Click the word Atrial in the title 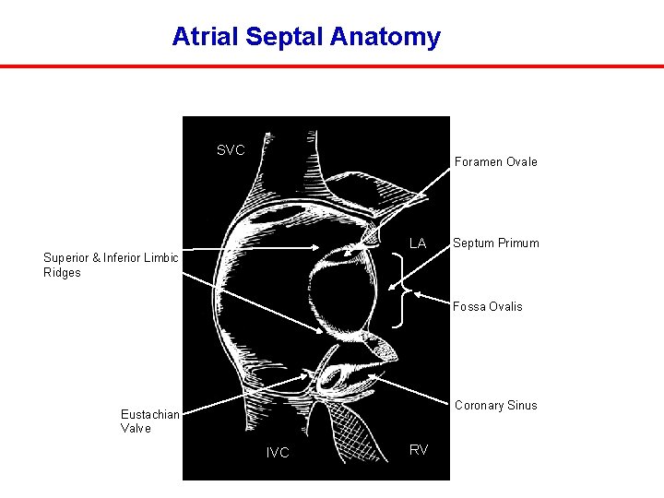coord(202,37)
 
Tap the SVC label coord(231,150)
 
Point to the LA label coord(418,243)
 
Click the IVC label coord(278,453)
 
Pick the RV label coord(419,449)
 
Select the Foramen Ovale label coord(495,161)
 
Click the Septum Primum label coord(495,243)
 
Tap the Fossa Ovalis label coord(487,306)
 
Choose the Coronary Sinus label coord(495,405)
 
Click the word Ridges coord(62,273)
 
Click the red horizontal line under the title coord(332,66)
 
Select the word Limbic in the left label coord(160,258)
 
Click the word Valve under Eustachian coord(136,429)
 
